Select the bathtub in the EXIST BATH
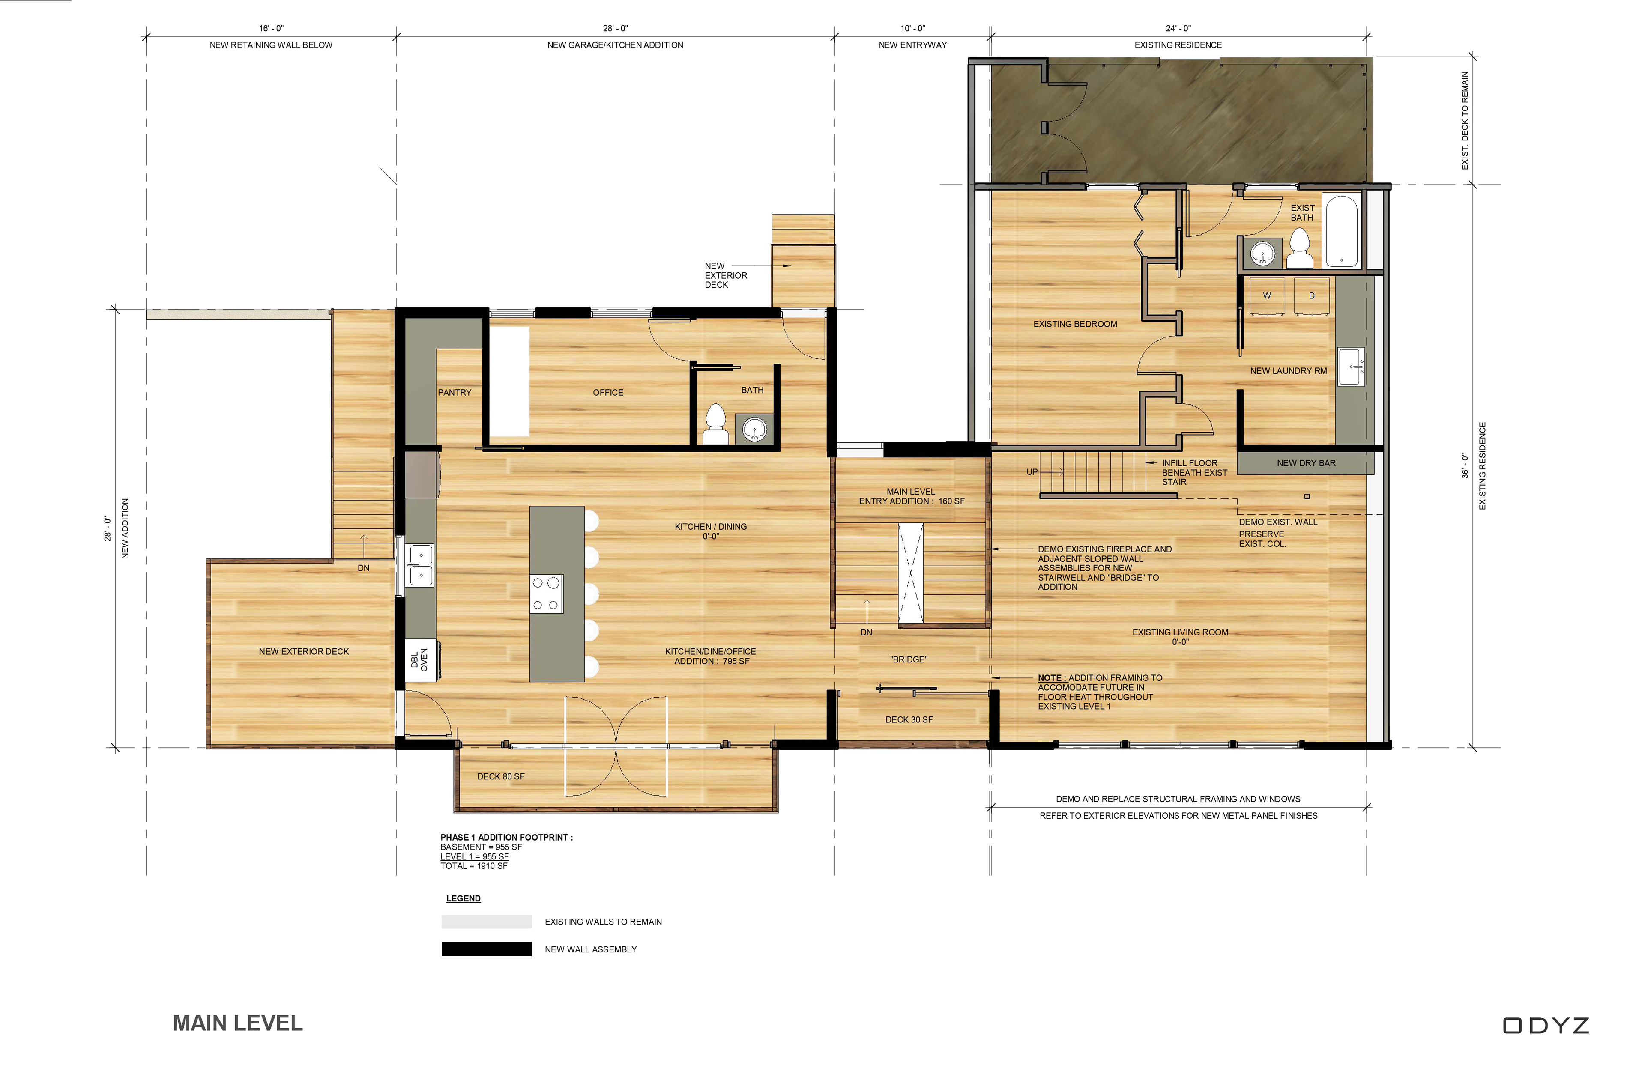[x=1342, y=230]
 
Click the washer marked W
[x=1267, y=296]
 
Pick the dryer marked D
[x=1311, y=296]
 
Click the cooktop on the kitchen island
[x=546, y=594]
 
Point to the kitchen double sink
[x=420, y=565]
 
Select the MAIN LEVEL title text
[x=238, y=1023]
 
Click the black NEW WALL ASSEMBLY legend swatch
[x=487, y=949]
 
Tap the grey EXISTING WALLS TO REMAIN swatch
[x=487, y=921]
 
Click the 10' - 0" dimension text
[x=912, y=28]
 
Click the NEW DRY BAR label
[x=1306, y=463]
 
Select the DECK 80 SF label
[x=500, y=776]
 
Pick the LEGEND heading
[x=463, y=898]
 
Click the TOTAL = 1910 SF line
[x=474, y=866]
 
